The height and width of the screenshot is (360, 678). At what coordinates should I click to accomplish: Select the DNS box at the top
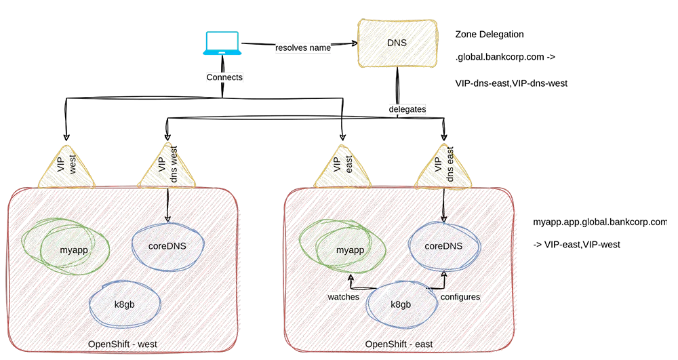point(397,43)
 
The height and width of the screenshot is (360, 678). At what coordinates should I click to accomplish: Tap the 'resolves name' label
point(302,48)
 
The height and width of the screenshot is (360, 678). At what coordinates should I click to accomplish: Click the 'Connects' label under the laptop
point(224,78)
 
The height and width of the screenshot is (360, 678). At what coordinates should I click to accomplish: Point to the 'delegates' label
point(407,109)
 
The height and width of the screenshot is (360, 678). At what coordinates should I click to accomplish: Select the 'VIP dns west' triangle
point(167,168)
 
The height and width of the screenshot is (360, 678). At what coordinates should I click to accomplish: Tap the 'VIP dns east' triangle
point(444,168)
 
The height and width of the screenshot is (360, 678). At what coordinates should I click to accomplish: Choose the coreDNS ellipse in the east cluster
point(444,245)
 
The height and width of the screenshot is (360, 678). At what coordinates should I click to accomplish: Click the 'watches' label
point(343,297)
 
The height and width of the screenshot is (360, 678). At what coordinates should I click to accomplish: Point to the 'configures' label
point(460,297)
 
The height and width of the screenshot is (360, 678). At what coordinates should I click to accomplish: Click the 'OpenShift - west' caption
point(123,344)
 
